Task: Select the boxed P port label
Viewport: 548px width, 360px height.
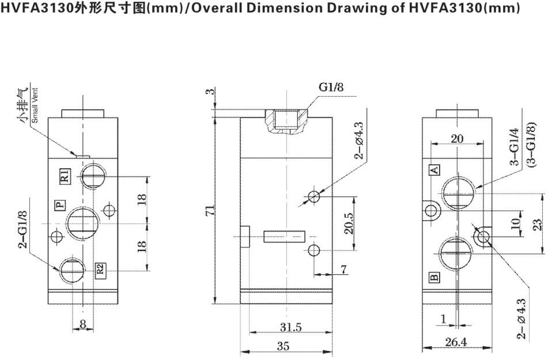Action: point(58,204)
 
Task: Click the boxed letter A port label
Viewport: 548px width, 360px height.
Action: point(435,169)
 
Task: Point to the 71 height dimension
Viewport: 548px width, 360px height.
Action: point(211,210)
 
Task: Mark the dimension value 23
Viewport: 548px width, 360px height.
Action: point(538,223)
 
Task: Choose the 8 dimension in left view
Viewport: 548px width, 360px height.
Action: point(83,324)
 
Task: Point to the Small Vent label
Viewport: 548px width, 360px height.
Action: point(35,109)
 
